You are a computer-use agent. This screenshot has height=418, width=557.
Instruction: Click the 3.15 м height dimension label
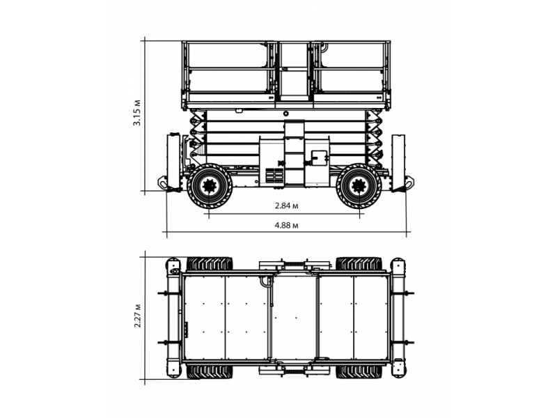tap(137, 113)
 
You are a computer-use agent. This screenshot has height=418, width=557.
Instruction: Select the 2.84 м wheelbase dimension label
tap(287, 206)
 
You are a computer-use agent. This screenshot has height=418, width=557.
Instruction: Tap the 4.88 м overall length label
tap(286, 225)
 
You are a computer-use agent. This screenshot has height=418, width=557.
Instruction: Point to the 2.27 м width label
tap(137, 316)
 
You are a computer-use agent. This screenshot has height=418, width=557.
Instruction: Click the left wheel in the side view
tap(210, 186)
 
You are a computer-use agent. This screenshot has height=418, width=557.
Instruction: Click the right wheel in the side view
tap(359, 186)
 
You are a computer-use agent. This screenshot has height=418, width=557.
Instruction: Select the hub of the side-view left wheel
tap(210, 186)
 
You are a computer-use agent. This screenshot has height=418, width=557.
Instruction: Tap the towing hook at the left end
tap(162, 183)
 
